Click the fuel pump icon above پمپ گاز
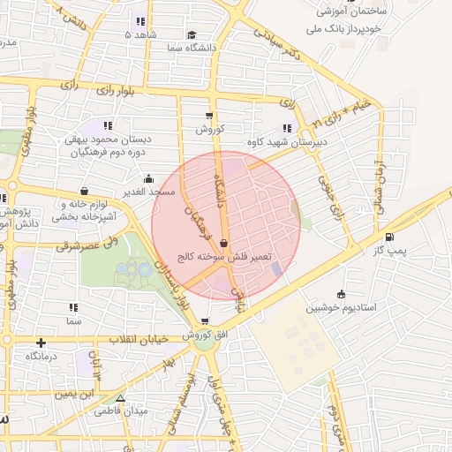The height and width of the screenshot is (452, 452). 389,237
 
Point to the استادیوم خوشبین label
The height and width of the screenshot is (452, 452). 342,308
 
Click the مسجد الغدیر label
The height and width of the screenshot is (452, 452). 149,192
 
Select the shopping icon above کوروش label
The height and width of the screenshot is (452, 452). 209,115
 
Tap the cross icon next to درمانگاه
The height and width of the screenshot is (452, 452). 41,342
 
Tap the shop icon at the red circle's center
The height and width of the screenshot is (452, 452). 223,242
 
